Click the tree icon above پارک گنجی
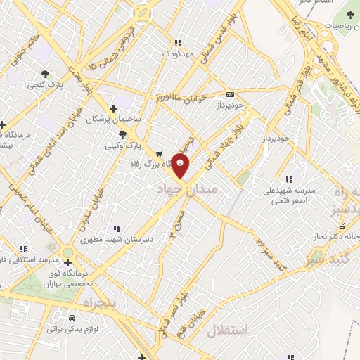pyautogui.click(x=46, y=73)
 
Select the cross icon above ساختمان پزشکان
pyautogui.click(x=113, y=108)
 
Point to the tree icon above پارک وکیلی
pyautogui.click(x=123, y=134)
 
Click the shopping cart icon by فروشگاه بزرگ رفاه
pyautogui.click(x=159, y=154)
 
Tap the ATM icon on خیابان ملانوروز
pyautogui.click(x=230, y=95)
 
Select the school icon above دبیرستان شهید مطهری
pyautogui.click(x=116, y=228)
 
